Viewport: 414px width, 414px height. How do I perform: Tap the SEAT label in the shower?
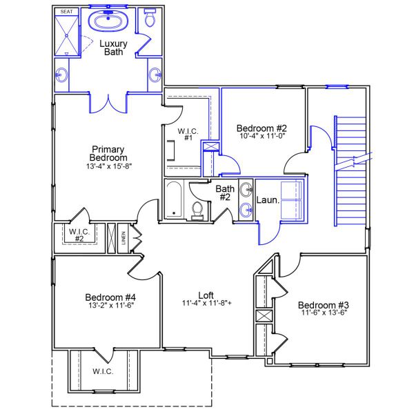(x=66, y=12)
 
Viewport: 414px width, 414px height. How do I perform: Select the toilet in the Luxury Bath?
(x=150, y=19)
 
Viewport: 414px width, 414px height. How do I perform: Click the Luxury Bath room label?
(x=114, y=48)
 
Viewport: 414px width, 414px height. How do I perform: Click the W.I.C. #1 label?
(x=188, y=135)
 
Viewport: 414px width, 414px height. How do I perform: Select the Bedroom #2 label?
(x=262, y=128)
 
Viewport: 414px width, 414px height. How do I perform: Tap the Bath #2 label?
(x=225, y=193)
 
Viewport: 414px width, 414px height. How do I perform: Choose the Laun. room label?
(x=268, y=201)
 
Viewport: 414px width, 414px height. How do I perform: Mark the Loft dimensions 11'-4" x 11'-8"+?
(x=206, y=303)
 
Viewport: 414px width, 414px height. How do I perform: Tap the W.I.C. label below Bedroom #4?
(x=103, y=371)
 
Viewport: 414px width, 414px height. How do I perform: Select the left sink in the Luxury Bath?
(x=63, y=75)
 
